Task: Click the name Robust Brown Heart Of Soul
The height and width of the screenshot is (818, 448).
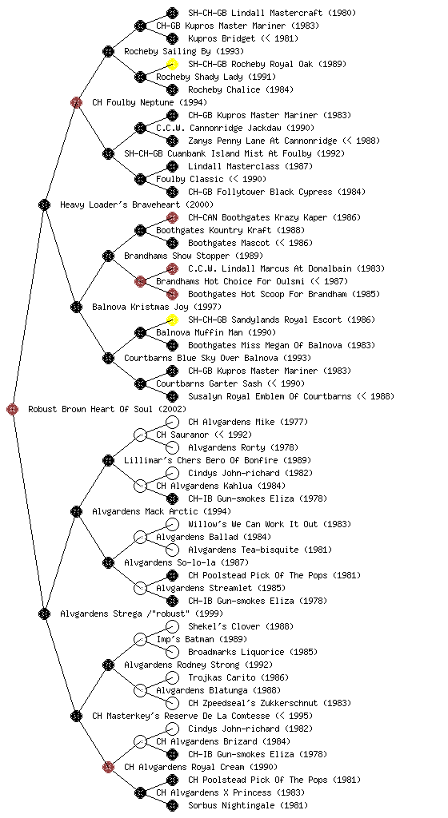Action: click(x=91, y=409)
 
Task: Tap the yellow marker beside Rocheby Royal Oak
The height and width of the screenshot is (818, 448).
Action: click(x=172, y=64)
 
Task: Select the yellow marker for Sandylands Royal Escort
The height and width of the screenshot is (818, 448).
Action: click(x=172, y=320)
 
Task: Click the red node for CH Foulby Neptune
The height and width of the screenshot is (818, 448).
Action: click(x=76, y=102)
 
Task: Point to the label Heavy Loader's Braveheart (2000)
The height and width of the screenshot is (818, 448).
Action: click(x=130, y=204)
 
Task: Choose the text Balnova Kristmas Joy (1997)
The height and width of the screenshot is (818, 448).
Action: click(x=157, y=307)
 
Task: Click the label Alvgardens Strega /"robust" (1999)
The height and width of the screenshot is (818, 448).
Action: click(x=142, y=613)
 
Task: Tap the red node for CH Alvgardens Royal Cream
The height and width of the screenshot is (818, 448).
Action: click(x=108, y=767)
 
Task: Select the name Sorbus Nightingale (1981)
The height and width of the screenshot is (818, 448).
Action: click(x=248, y=805)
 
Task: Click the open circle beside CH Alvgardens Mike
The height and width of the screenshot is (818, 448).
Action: click(x=172, y=422)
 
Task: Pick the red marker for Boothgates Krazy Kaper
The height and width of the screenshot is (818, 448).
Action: click(x=172, y=217)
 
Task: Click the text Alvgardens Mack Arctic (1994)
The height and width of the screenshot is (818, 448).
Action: click(x=162, y=511)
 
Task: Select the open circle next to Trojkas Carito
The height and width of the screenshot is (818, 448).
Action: click(x=172, y=677)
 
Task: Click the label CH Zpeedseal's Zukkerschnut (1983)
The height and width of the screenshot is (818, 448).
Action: click(x=270, y=703)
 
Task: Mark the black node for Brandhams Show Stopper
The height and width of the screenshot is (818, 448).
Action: click(x=108, y=256)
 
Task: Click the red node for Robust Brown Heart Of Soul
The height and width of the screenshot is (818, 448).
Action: click(x=13, y=409)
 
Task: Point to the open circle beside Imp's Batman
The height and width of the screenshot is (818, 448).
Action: click(x=140, y=639)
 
